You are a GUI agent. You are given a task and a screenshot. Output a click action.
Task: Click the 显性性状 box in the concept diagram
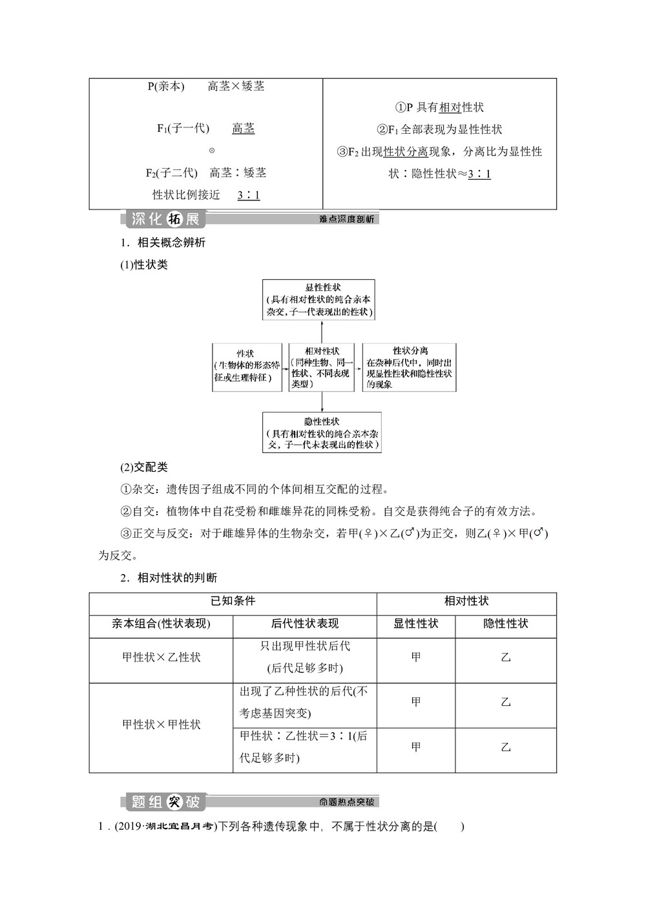(x=318, y=299)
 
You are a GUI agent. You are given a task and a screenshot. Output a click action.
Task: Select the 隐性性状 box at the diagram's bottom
(x=322, y=432)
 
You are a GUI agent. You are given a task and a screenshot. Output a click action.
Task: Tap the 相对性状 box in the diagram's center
(x=322, y=367)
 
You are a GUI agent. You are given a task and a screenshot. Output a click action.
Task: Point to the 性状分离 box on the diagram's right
(x=409, y=367)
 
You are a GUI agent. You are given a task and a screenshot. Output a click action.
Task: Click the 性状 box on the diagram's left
(x=247, y=367)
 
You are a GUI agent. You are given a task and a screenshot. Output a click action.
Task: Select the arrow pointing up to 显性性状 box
(x=322, y=331)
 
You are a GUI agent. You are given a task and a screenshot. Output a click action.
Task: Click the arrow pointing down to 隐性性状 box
(x=322, y=401)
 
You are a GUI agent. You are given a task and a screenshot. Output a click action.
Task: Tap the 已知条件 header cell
(x=233, y=601)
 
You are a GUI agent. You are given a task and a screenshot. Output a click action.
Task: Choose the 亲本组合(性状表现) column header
(x=161, y=624)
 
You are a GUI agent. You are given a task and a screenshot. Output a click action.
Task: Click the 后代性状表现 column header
(x=305, y=624)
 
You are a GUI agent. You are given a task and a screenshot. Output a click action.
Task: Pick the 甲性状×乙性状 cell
(x=161, y=657)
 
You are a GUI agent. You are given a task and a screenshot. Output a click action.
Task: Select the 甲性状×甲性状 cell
(x=161, y=725)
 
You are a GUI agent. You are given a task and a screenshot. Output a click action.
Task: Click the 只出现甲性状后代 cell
(x=305, y=657)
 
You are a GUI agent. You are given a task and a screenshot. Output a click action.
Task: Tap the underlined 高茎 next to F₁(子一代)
(x=244, y=129)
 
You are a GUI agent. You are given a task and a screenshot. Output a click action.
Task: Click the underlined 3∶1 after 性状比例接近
(x=249, y=195)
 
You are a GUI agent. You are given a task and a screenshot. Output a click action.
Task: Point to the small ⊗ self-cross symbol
(x=212, y=151)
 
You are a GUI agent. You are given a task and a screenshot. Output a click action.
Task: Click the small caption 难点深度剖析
(x=347, y=219)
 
